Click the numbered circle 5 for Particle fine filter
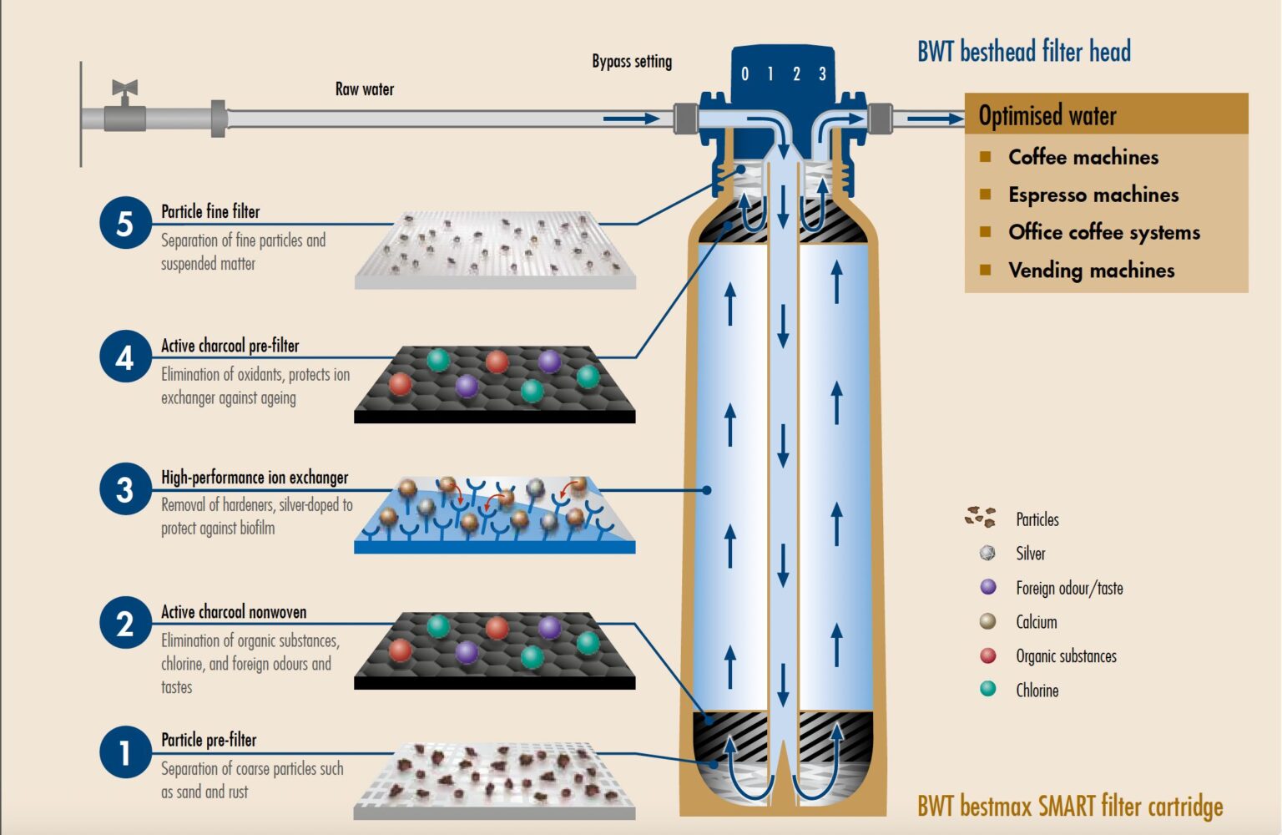pyautogui.click(x=125, y=223)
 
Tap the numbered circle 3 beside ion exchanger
pyautogui.click(x=125, y=489)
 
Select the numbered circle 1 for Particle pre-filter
pyautogui.click(x=125, y=752)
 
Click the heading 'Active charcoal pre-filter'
pyautogui.click(x=230, y=346)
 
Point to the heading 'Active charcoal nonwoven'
pyautogui.click(x=234, y=612)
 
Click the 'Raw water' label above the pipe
pyautogui.click(x=365, y=89)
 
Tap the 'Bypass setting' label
pyautogui.click(x=632, y=62)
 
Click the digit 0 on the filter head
pyautogui.click(x=744, y=73)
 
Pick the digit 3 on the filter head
pyautogui.click(x=822, y=73)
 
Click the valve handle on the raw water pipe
pyautogui.click(x=124, y=89)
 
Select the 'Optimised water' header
pyautogui.click(x=1047, y=115)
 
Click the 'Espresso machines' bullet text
pyautogui.click(x=1093, y=195)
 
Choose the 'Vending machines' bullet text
pyautogui.click(x=1092, y=271)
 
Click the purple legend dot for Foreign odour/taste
pyautogui.click(x=988, y=587)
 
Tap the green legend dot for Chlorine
pyautogui.click(x=988, y=689)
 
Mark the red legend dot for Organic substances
pyautogui.click(x=988, y=655)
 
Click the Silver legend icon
pyautogui.click(x=988, y=553)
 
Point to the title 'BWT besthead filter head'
pyautogui.click(x=1024, y=51)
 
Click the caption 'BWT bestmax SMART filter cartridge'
pyautogui.click(x=1070, y=807)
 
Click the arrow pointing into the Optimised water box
pyautogui.click(x=936, y=119)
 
